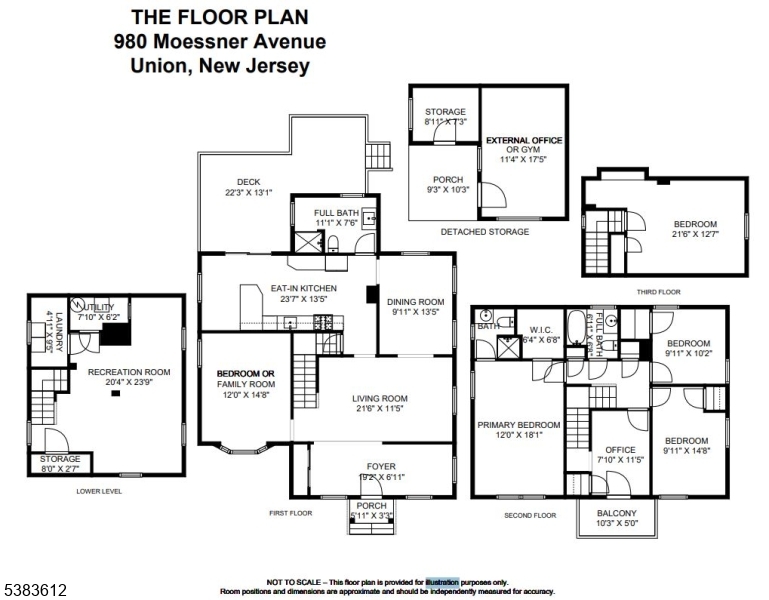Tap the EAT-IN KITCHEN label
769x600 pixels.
tap(303, 289)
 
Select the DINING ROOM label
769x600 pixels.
tap(416, 302)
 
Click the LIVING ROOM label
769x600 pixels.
tap(380, 399)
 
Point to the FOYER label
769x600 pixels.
tap(381, 467)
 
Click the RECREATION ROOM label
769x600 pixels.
tap(129, 372)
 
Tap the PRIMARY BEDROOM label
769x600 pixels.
tap(518, 425)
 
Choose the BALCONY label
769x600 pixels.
tap(616, 512)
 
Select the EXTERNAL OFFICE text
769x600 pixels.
tap(524, 140)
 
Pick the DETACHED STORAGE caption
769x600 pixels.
tap(485, 231)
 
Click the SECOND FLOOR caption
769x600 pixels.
tap(531, 515)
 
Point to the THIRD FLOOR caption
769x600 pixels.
tap(658, 291)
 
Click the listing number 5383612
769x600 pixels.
tap(35, 591)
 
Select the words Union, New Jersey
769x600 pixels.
tap(220, 67)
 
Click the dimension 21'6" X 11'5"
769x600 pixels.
tap(380, 410)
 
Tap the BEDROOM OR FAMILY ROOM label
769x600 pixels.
tap(246, 378)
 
